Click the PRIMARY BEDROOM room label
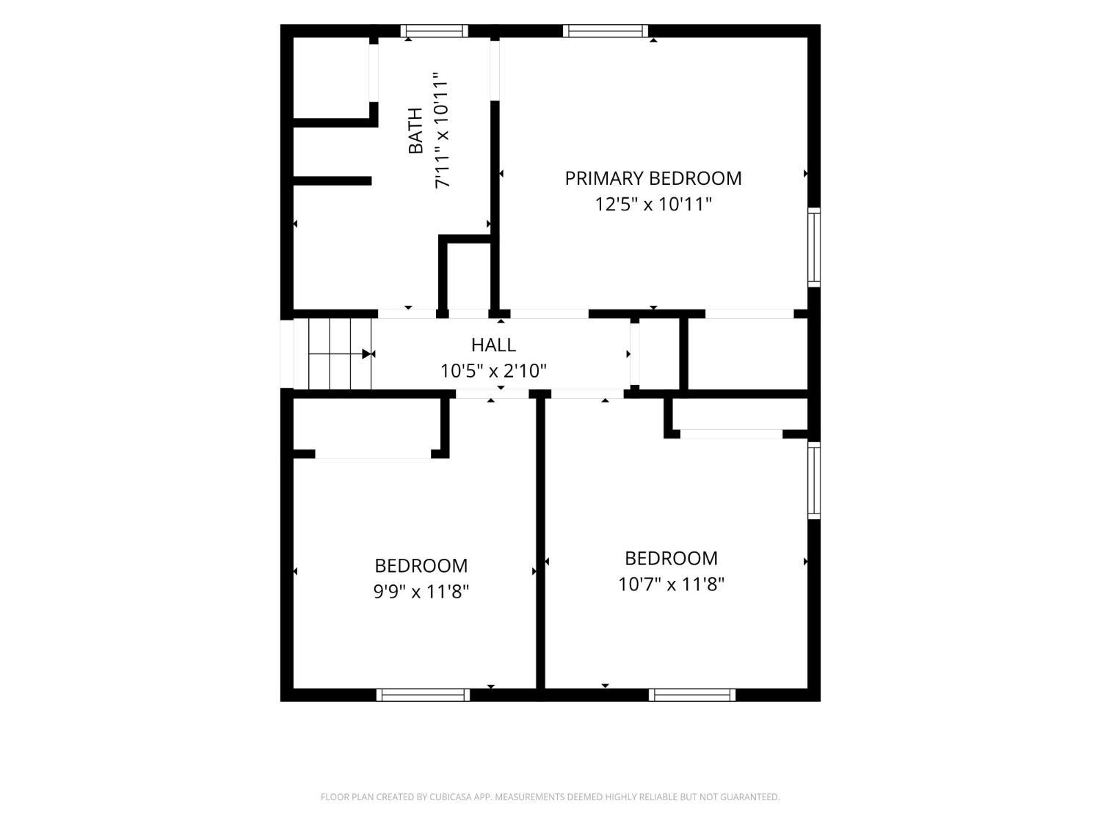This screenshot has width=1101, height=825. [x=653, y=178]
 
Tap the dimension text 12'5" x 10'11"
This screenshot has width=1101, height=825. [x=653, y=205]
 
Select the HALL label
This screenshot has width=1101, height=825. [x=493, y=345]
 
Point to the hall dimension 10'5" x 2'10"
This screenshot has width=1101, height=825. [x=493, y=371]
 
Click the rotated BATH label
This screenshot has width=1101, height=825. [x=415, y=131]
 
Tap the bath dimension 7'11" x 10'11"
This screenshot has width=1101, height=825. [x=441, y=131]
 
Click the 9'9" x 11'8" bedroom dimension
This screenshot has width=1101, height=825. [x=421, y=592]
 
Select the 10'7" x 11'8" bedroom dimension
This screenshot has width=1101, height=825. [x=671, y=584]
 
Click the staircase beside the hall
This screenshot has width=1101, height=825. [x=340, y=353]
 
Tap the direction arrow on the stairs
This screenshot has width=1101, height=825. [x=366, y=354]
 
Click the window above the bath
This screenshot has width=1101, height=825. [x=435, y=31]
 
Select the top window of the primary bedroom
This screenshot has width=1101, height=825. [x=606, y=31]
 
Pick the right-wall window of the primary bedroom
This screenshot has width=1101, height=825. [x=814, y=247]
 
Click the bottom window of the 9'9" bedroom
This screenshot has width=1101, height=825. [x=424, y=694]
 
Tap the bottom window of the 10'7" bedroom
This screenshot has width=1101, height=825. [x=692, y=694]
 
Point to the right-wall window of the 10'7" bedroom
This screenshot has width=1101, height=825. [x=814, y=480]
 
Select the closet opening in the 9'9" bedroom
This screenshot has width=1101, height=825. [x=373, y=454]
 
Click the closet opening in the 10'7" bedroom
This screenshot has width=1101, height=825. [x=731, y=434]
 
